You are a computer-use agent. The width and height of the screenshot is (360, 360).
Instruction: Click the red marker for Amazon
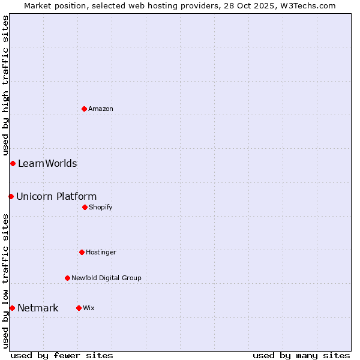click(84, 109)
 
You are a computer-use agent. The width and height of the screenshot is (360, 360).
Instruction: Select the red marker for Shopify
click(85, 207)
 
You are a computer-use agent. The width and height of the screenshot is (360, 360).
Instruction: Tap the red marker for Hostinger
click(82, 252)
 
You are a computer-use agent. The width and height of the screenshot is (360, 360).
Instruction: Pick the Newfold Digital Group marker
click(67, 278)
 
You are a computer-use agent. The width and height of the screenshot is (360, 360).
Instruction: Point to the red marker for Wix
click(79, 308)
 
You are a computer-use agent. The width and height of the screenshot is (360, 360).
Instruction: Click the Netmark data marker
click(12, 308)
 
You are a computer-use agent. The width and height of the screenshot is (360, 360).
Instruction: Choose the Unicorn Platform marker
click(11, 196)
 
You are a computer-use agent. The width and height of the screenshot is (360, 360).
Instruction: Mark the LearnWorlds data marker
click(13, 163)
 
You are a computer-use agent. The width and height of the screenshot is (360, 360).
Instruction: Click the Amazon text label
click(101, 109)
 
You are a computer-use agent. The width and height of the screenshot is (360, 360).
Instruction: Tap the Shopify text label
click(101, 207)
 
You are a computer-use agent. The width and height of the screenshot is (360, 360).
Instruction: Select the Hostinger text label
click(101, 252)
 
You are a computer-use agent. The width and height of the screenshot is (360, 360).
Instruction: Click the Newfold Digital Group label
click(106, 278)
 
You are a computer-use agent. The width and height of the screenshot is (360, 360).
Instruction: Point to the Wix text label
click(89, 308)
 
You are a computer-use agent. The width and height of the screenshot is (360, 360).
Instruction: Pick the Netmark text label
click(38, 308)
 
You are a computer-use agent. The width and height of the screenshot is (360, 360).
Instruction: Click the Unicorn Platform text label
click(56, 196)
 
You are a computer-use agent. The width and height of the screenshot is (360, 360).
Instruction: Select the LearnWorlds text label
click(47, 163)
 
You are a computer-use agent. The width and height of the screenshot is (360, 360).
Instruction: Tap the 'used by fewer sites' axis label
click(62, 355)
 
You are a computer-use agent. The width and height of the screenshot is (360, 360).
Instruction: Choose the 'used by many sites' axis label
click(301, 355)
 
